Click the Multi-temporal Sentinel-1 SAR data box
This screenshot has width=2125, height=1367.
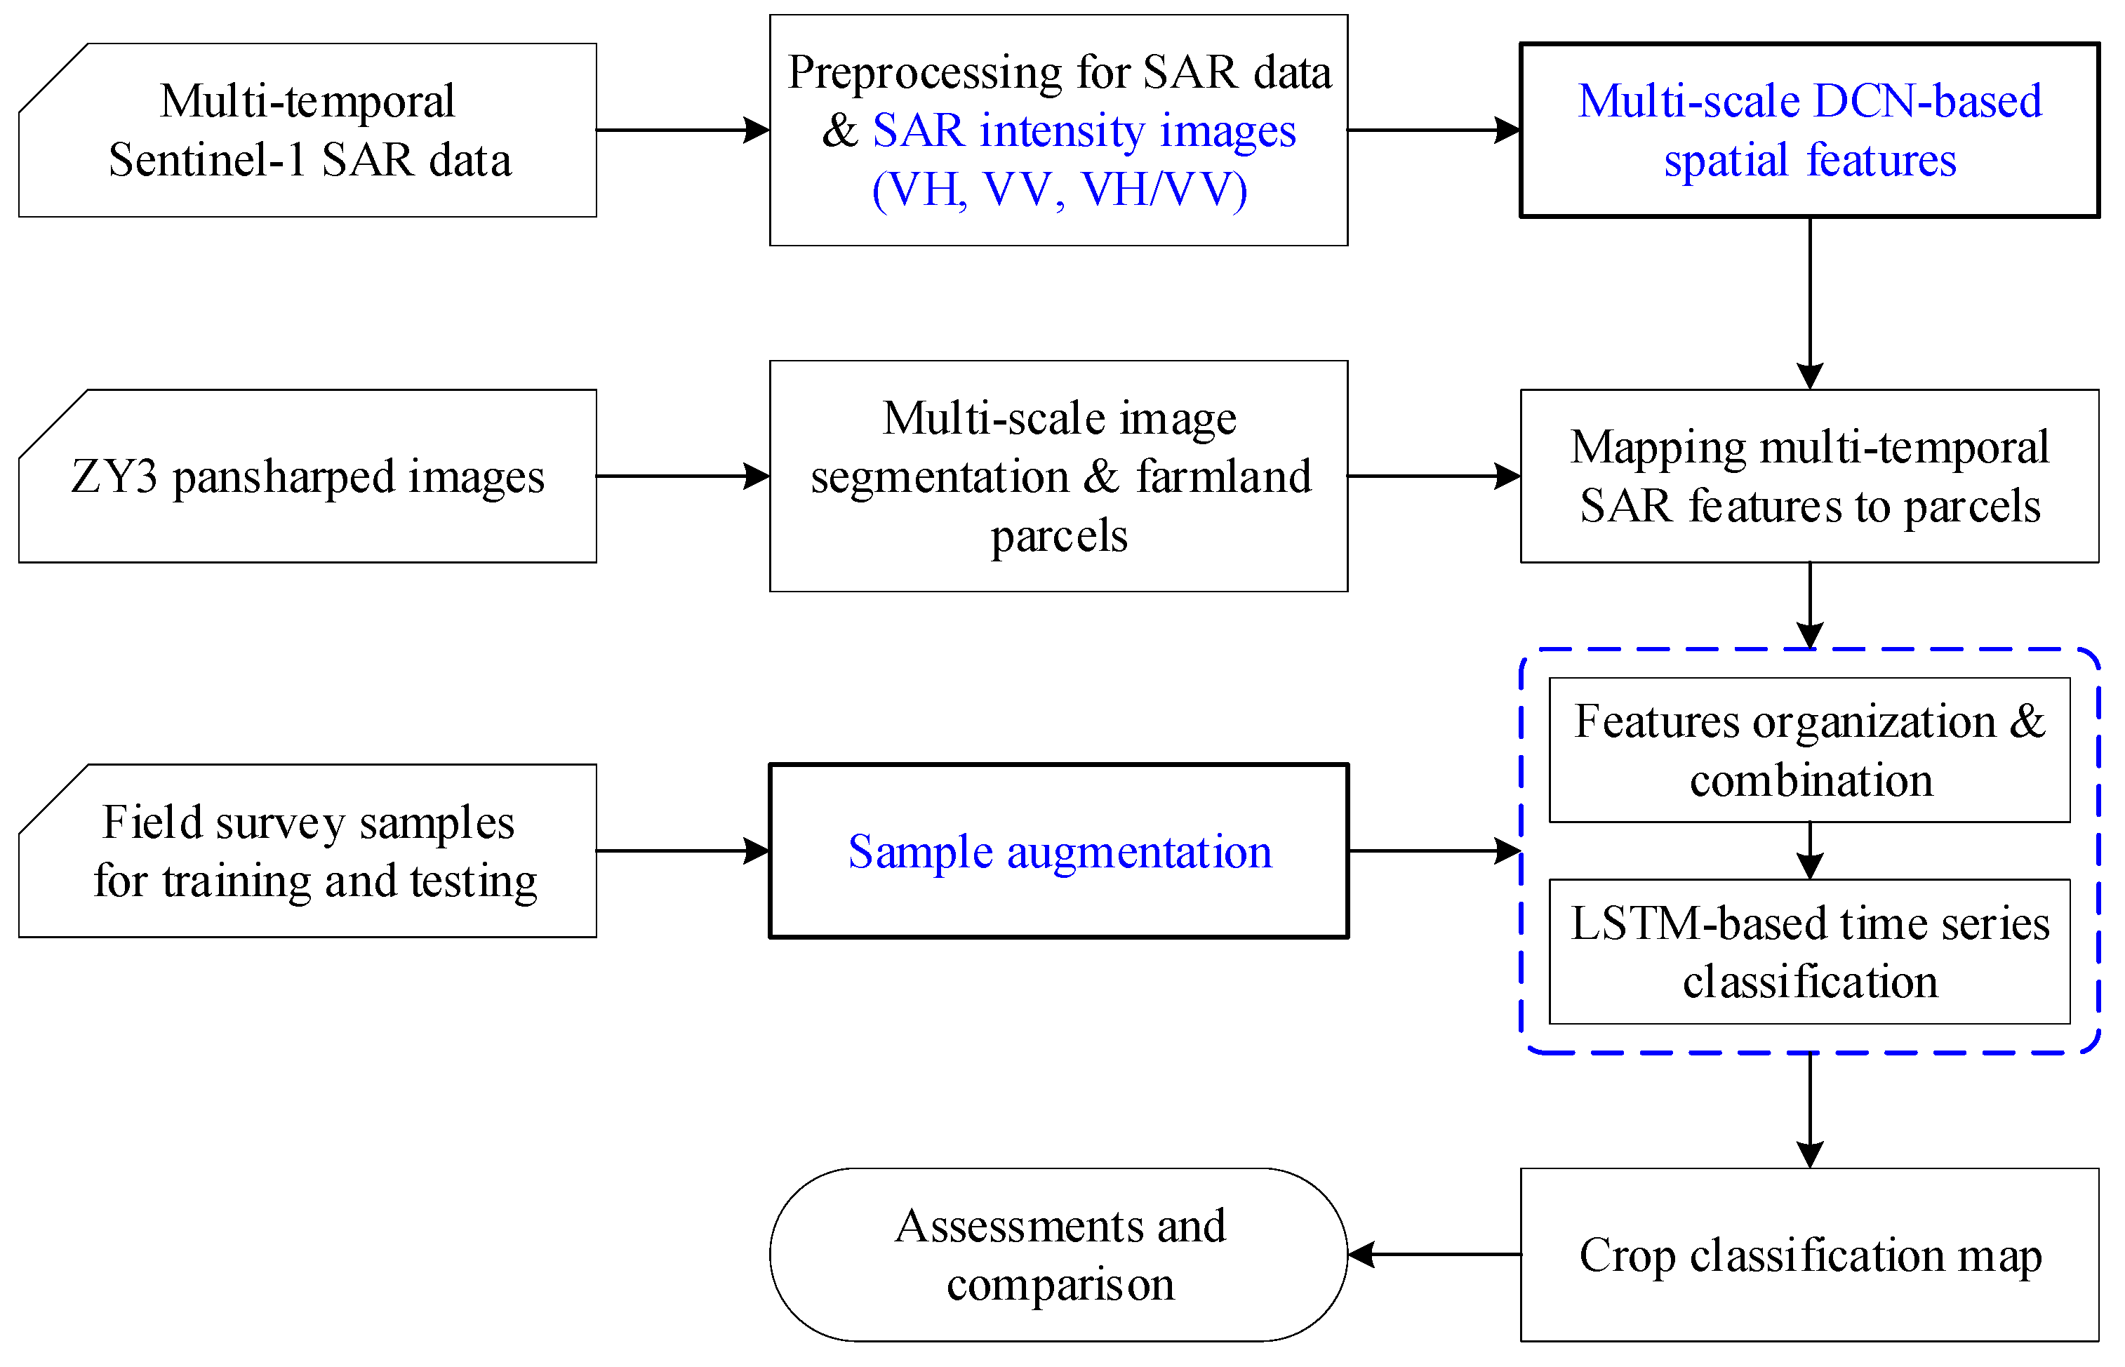click(x=307, y=131)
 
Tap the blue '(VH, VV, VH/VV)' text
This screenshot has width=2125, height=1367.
click(x=1059, y=189)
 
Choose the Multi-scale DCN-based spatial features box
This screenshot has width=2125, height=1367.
click(x=1809, y=131)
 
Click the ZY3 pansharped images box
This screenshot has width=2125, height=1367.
click(x=307, y=476)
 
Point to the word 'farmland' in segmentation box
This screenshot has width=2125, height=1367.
click(x=1223, y=476)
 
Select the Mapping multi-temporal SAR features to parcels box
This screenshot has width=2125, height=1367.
click(x=1809, y=476)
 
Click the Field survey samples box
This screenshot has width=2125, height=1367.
click(x=307, y=851)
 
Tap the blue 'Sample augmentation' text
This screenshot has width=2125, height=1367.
click(x=1059, y=852)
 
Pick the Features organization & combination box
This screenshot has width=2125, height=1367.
click(x=1809, y=750)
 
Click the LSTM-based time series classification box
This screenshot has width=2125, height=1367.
click(x=1809, y=952)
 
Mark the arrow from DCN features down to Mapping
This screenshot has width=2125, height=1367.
click(x=1810, y=302)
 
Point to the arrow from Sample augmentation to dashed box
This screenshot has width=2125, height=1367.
click(x=1434, y=851)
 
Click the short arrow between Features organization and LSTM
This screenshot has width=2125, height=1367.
click(x=1810, y=851)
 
